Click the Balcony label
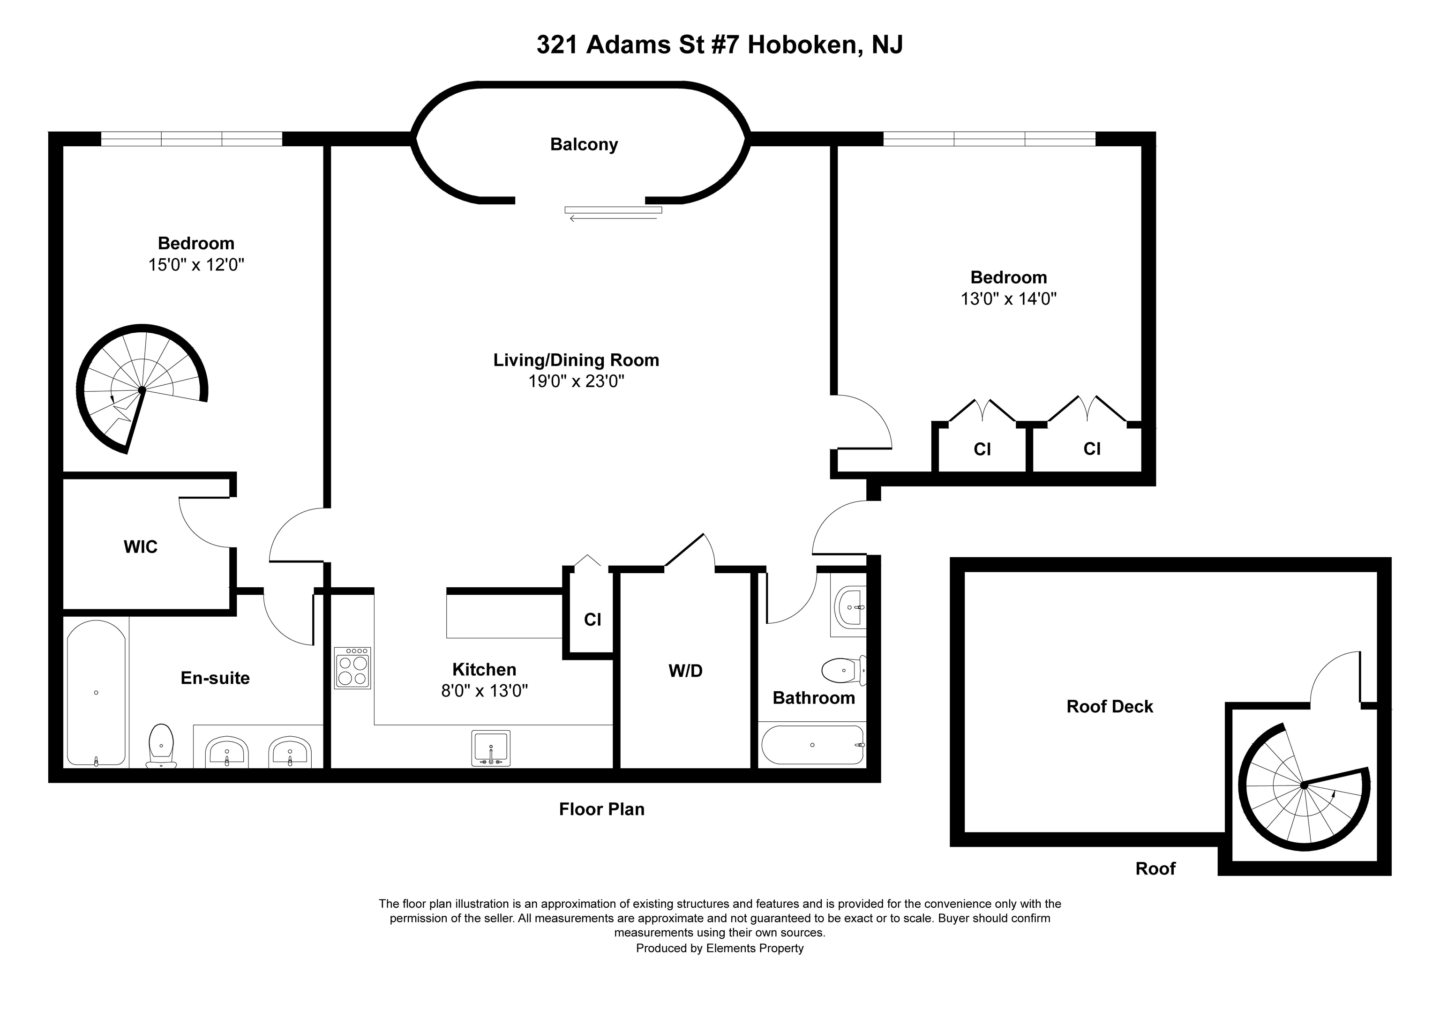point(584,144)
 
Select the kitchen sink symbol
point(490,748)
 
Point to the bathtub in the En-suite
point(96,693)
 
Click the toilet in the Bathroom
point(842,670)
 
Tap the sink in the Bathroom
point(849,607)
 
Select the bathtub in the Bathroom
point(813,745)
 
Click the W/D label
point(685,671)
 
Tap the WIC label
point(141,547)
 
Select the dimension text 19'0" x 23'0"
point(576,381)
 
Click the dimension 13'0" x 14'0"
point(1008,299)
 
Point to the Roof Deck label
point(1110,707)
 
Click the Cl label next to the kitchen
point(592,620)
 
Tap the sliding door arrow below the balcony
point(613,217)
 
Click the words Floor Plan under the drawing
point(601,809)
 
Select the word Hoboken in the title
point(802,45)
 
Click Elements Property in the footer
point(755,948)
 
